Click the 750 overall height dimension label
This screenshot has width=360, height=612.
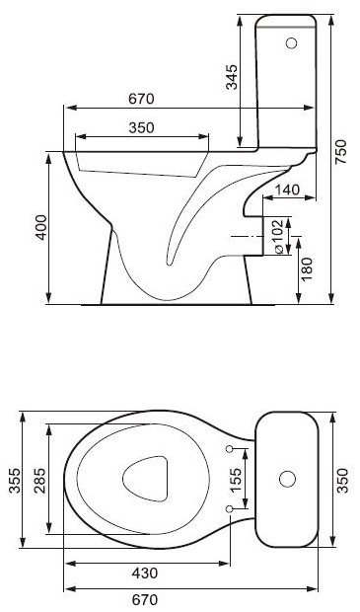(340, 152)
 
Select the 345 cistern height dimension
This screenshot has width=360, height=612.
(232, 77)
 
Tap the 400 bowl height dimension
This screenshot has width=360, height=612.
(41, 227)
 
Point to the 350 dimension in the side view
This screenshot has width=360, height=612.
(142, 127)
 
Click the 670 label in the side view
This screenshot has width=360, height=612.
(142, 99)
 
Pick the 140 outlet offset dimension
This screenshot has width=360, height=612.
(287, 190)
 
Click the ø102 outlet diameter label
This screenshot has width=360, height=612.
(278, 237)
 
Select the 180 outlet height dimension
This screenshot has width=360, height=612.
(307, 269)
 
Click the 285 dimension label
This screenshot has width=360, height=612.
(39, 481)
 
